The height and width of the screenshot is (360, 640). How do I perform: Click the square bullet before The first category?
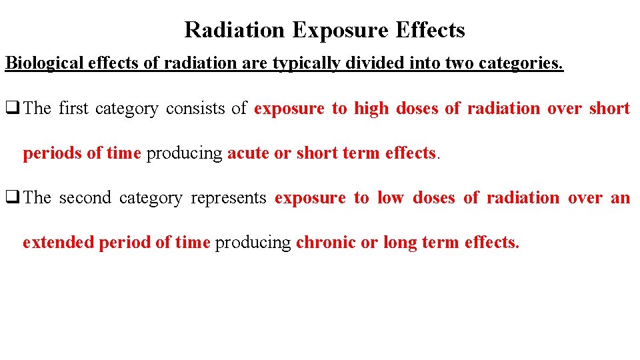tap(12, 109)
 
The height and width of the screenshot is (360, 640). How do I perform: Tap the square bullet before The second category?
tap(12, 198)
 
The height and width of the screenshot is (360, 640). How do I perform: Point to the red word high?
tap(371, 108)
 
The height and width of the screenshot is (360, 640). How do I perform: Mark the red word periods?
tap(53, 153)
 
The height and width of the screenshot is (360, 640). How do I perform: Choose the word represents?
tap(229, 198)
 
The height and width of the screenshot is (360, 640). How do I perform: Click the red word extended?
tap(58, 243)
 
